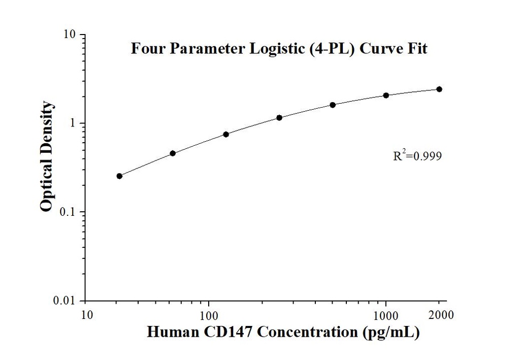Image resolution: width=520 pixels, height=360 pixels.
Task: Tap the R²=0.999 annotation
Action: click(417, 156)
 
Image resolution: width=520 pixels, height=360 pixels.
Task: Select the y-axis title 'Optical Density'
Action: click(47, 156)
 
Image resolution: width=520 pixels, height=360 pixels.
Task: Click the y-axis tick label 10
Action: click(69, 35)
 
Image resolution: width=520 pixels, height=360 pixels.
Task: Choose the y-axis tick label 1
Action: click(73, 123)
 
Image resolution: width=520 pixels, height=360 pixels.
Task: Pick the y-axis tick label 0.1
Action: click(68, 212)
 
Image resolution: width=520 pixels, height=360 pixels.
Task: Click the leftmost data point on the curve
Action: click(119, 176)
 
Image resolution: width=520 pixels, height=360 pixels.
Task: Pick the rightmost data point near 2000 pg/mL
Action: click(439, 89)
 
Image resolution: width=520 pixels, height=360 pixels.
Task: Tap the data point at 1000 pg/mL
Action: click(386, 95)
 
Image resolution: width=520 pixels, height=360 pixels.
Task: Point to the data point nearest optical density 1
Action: click(279, 118)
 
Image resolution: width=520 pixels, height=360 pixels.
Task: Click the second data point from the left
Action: click(173, 153)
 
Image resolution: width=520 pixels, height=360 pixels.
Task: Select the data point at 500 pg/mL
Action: click(333, 105)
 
